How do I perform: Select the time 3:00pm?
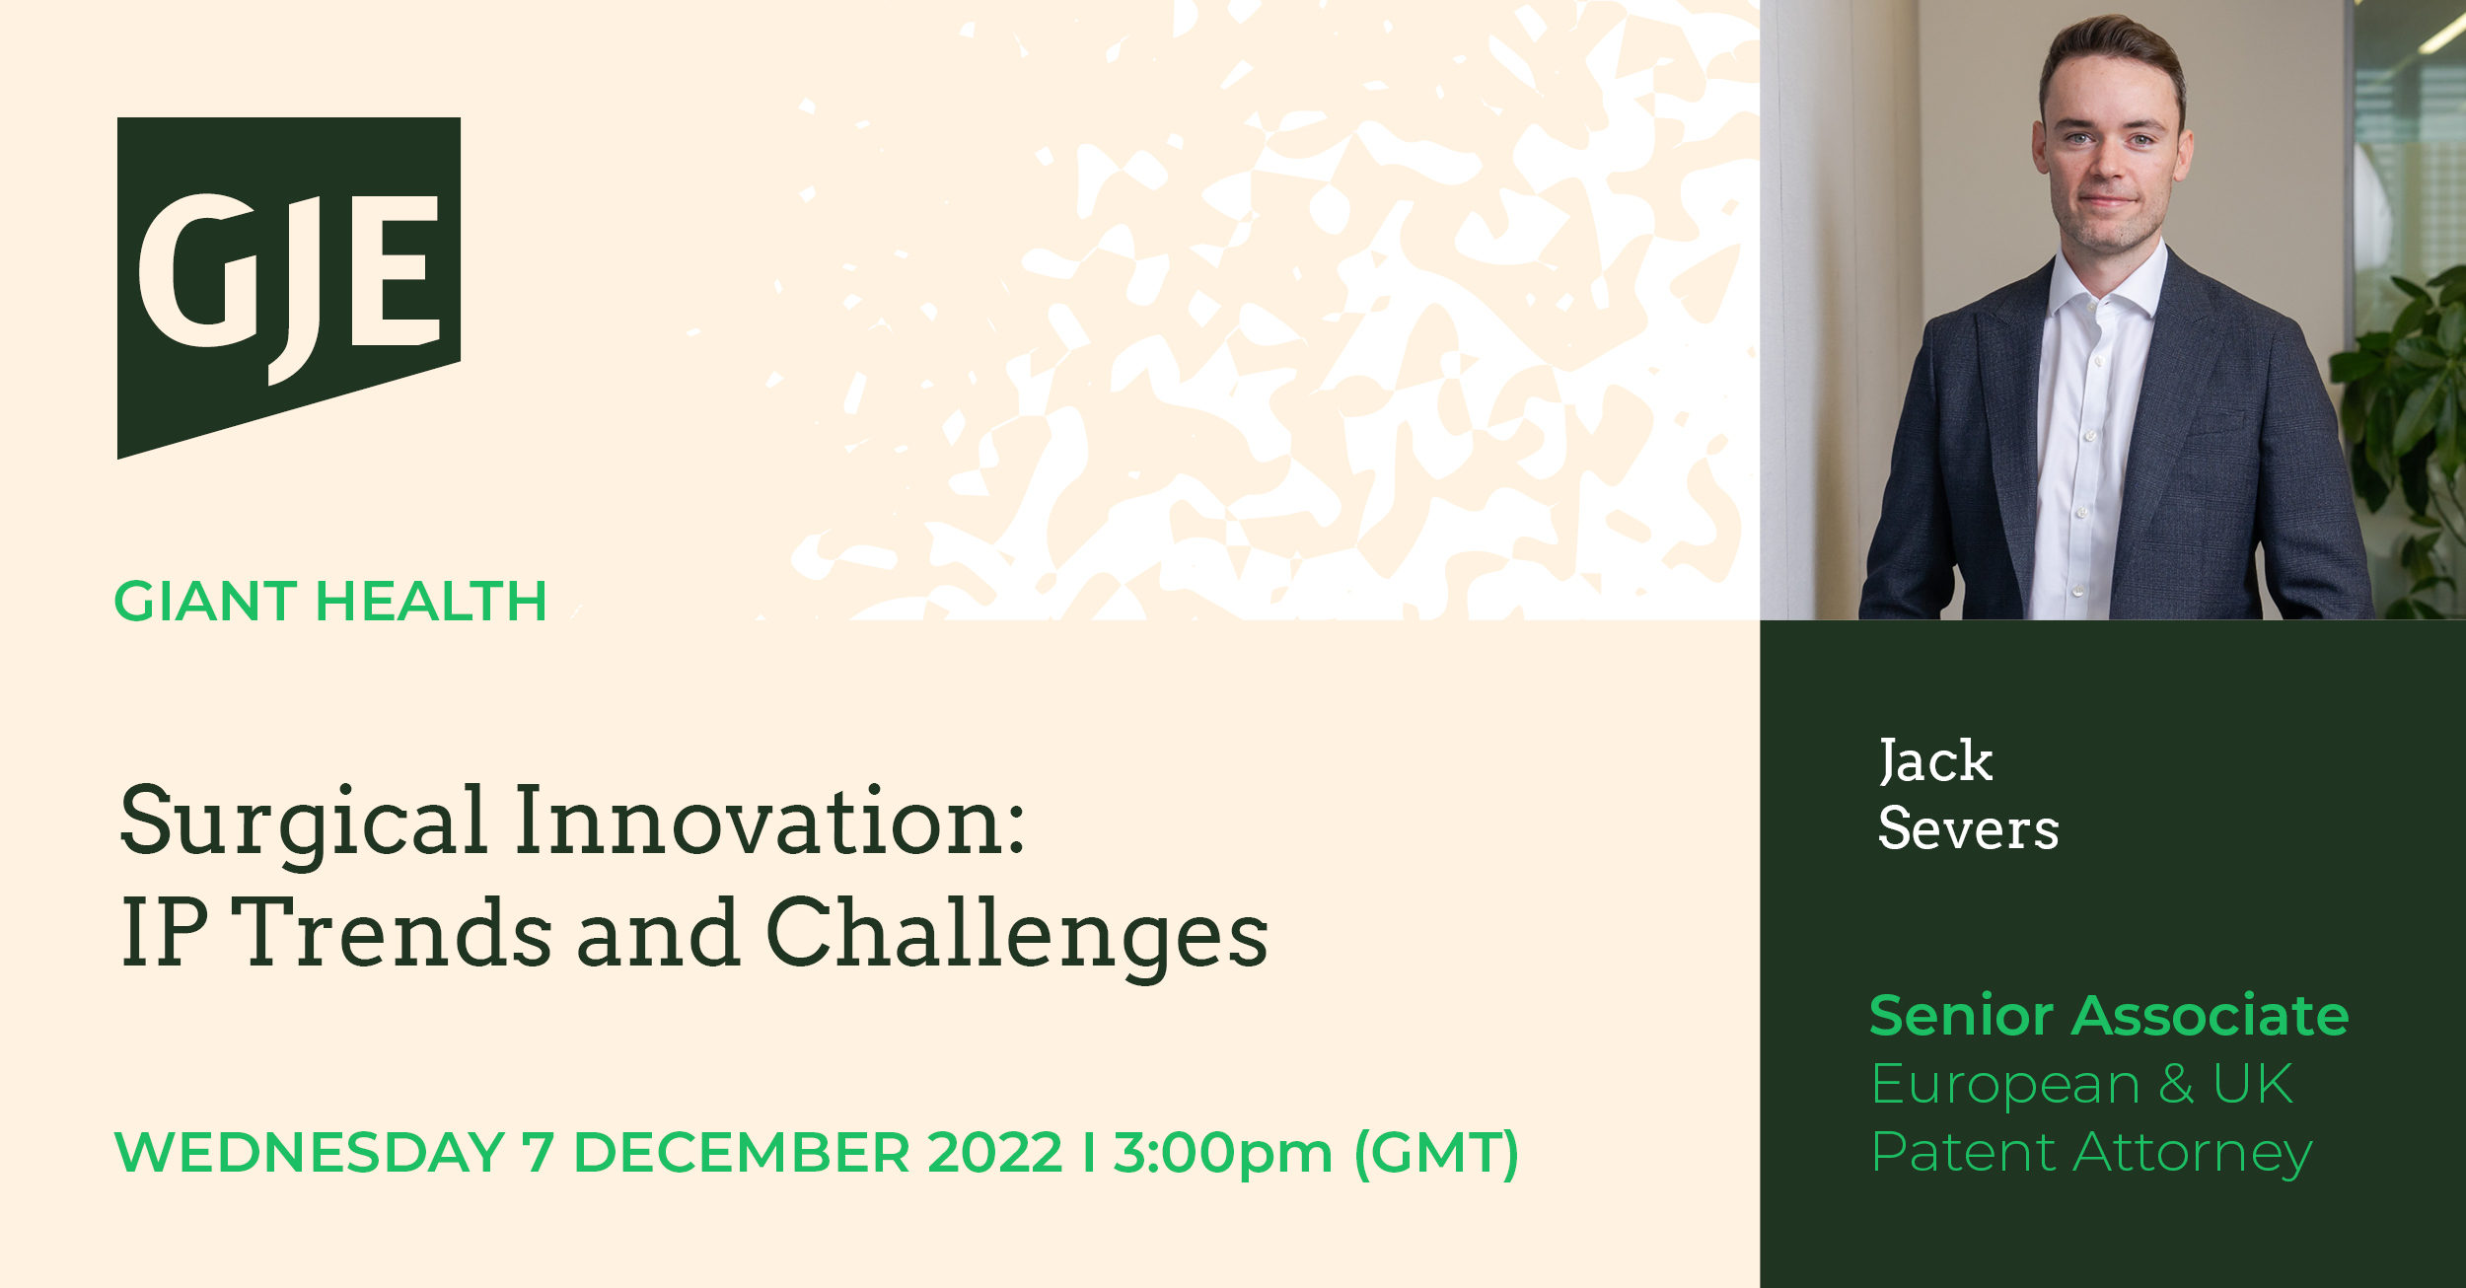coord(1223,1154)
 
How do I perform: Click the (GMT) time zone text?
coord(1437,1154)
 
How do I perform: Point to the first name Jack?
coord(1935,761)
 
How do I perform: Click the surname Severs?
coord(1969,827)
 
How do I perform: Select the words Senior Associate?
coord(2109,1016)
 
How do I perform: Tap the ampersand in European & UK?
coord(2176,1084)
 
